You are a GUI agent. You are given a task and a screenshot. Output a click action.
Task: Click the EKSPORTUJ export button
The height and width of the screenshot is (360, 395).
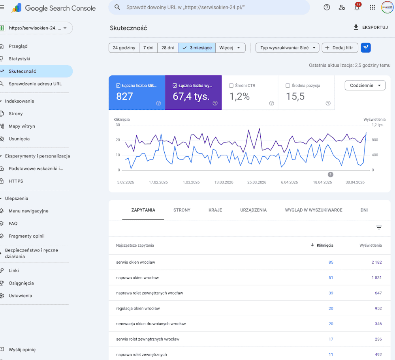[x=371, y=27]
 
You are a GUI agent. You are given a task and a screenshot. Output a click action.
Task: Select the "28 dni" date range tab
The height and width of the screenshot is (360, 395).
[x=168, y=48]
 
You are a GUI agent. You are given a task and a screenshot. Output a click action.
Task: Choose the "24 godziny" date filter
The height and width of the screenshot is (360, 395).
[x=124, y=48]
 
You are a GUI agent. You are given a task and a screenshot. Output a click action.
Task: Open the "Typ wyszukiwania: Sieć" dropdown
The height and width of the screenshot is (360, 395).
[x=288, y=48]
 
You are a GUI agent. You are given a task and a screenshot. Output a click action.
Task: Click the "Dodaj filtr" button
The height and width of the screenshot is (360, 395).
[x=340, y=48]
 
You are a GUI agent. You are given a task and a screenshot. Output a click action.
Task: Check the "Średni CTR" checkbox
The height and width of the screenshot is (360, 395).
[x=231, y=86]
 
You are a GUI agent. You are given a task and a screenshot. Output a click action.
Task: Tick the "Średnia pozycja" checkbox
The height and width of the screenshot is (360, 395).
[x=288, y=86]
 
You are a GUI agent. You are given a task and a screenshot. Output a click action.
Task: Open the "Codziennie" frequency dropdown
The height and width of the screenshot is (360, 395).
[x=365, y=85]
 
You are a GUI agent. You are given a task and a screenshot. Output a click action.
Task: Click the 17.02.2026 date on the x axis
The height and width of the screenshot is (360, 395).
[x=158, y=182]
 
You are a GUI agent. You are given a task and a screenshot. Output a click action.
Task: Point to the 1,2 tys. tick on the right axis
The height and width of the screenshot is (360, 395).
[x=378, y=125]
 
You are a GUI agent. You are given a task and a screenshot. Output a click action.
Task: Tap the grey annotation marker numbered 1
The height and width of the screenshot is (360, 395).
[x=331, y=174]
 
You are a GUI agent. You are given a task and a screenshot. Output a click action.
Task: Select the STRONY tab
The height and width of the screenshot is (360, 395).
[x=182, y=210]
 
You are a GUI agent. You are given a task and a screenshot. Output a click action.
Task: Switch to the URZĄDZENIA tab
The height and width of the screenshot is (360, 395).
[x=254, y=210]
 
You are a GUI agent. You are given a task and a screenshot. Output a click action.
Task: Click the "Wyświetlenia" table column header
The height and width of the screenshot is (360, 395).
[x=371, y=245]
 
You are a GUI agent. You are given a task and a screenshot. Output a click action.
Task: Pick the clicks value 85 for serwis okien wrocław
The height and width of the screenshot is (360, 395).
[x=331, y=262]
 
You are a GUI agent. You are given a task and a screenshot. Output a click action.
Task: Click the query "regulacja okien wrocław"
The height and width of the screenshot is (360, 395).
[x=138, y=308]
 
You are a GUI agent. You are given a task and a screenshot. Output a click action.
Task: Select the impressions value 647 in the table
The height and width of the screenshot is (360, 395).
[x=378, y=293]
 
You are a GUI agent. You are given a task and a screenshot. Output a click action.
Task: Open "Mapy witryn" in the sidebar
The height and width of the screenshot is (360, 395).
[x=22, y=126]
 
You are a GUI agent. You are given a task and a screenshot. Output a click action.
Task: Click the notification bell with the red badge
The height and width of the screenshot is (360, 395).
[x=357, y=7]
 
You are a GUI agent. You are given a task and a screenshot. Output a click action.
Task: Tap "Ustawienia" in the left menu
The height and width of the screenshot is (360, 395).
[x=21, y=296]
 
